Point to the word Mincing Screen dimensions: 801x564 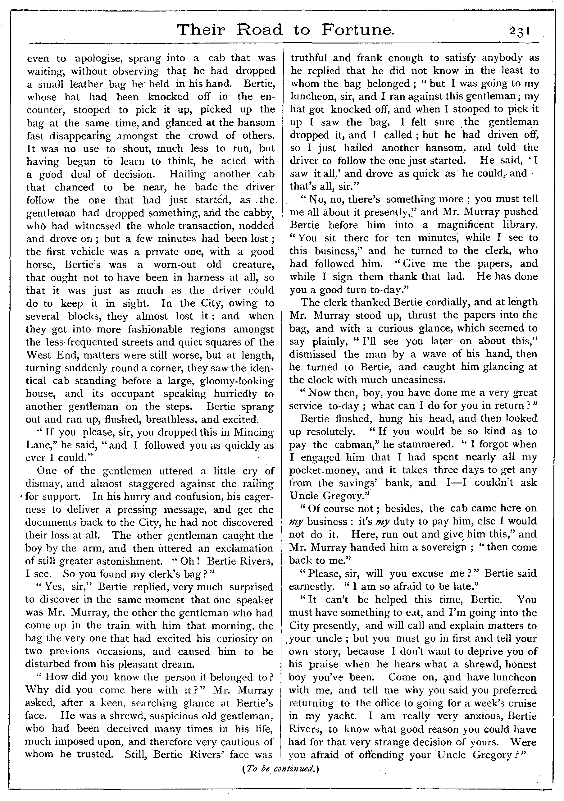[x=253, y=433]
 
